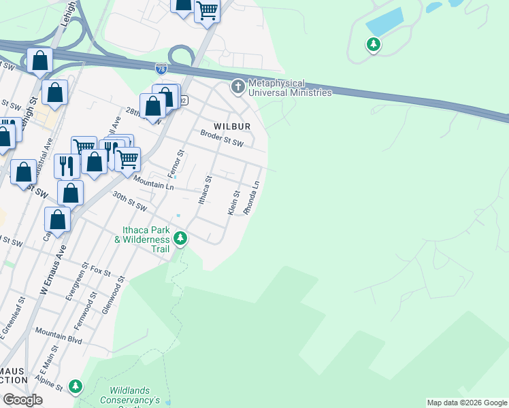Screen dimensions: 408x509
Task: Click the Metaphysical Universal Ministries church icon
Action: [237, 86]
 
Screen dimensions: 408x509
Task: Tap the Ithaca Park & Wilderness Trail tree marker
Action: [180, 239]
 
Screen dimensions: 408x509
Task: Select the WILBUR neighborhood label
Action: [232, 126]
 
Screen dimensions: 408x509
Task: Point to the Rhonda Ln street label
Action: [252, 197]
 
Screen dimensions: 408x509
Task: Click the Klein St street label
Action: [233, 203]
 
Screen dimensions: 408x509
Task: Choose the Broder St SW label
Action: [221, 138]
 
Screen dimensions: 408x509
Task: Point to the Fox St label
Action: [100, 271]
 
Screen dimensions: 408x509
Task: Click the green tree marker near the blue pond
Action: [373, 45]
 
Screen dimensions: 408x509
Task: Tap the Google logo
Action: [23, 400]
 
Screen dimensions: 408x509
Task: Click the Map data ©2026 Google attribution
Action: [467, 403]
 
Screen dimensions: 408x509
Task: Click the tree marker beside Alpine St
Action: [76, 387]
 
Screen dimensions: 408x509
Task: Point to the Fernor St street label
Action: [176, 163]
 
